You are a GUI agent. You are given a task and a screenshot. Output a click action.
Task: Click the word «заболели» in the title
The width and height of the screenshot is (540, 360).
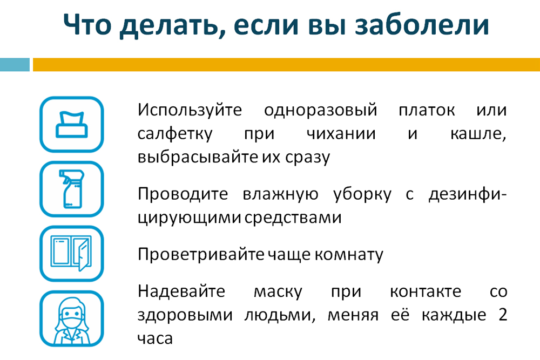coord(422,25)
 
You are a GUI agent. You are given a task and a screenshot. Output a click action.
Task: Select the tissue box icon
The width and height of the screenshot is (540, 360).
coord(72,124)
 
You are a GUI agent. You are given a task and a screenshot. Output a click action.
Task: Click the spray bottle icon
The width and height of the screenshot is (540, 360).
coord(72,189)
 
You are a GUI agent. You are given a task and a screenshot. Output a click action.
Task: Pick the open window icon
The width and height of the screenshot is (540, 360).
coord(72,254)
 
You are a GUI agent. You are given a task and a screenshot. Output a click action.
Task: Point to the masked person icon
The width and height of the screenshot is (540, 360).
coord(72,318)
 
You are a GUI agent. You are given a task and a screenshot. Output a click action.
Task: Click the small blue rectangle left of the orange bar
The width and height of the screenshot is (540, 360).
coord(15,65)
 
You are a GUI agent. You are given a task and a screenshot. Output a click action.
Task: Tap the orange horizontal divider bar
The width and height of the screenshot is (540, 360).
coord(286,65)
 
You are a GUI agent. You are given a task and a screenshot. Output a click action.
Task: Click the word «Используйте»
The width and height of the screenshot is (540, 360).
coord(190,110)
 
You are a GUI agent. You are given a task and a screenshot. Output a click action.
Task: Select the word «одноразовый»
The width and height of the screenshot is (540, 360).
coord(321,111)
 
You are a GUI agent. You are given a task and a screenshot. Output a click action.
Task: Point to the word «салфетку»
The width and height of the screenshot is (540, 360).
coord(175,134)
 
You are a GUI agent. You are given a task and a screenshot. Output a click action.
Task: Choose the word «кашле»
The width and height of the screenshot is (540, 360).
coord(478,134)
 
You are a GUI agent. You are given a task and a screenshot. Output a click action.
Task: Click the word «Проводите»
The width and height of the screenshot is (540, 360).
coord(183,194)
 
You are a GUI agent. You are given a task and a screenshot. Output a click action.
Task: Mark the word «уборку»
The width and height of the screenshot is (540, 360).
coord(362,194)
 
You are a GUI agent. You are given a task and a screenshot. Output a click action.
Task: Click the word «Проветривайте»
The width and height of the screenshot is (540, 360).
coord(201,255)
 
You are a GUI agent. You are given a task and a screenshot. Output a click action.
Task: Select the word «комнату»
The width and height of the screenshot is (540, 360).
coord(349,255)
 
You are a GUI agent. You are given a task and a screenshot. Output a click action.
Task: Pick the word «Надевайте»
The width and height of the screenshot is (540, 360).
coord(181,291)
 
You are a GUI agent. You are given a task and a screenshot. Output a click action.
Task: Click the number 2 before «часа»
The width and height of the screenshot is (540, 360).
coord(503,315)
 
